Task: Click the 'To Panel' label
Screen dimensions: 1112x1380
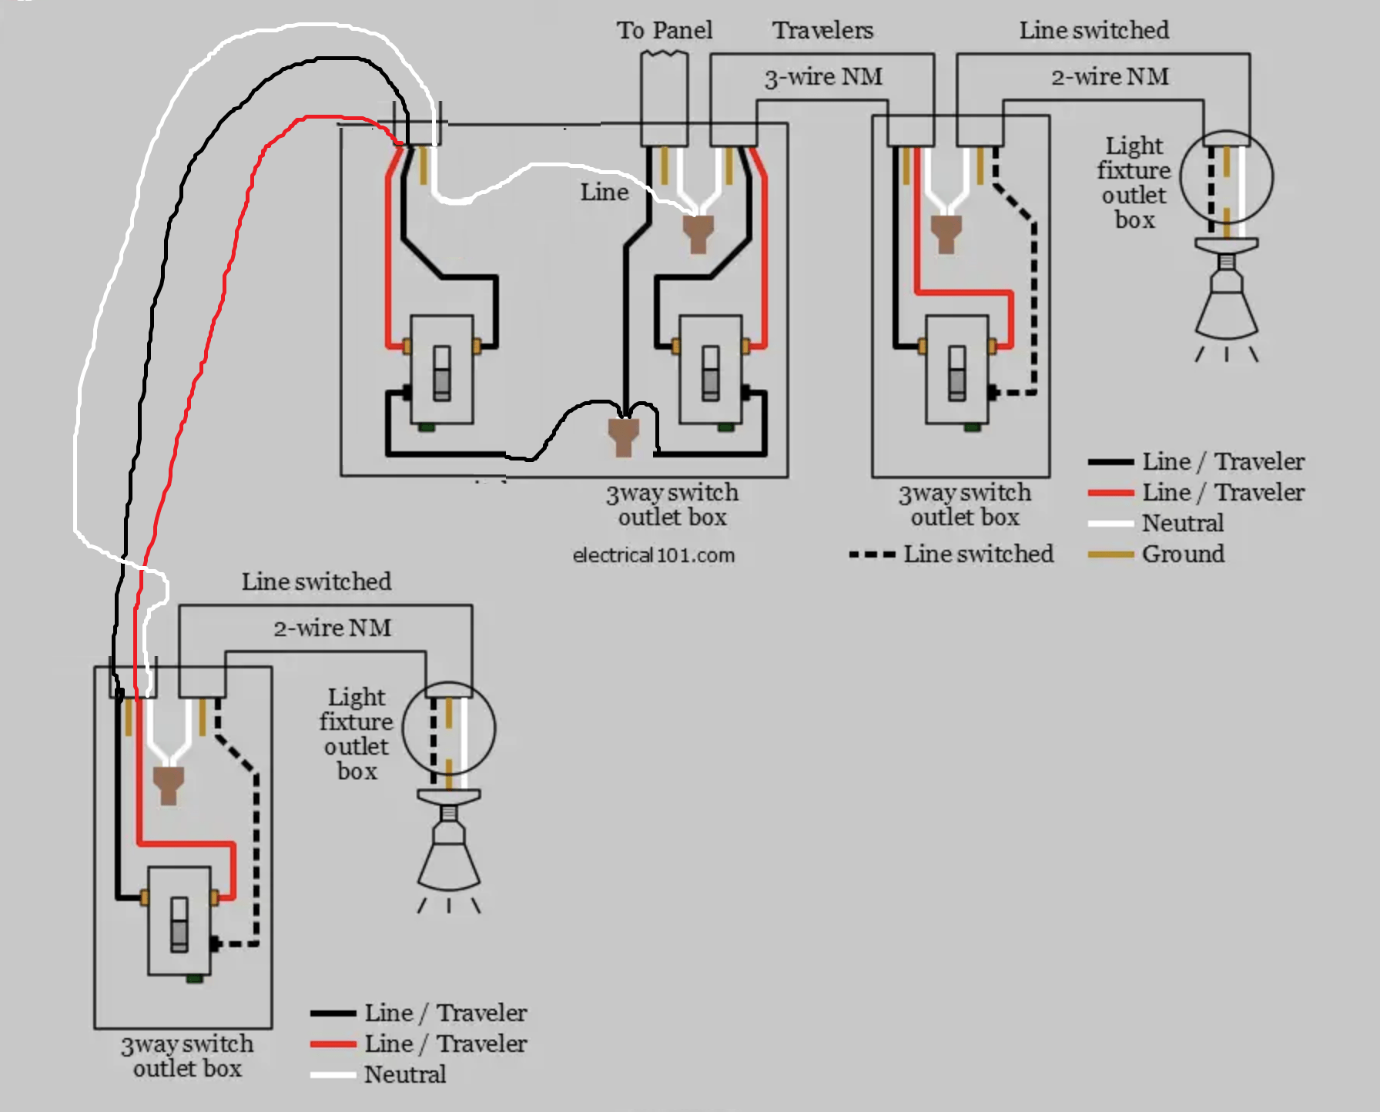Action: [x=664, y=30]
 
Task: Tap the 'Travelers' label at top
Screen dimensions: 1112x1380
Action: [x=822, y=30]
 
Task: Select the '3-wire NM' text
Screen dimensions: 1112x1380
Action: [x=822, y=77]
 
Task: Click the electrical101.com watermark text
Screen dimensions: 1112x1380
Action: [x=653, y=555]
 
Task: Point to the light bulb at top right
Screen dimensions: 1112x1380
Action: [x=1226, y=300]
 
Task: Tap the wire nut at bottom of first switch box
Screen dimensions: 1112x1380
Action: [x=623, y=436]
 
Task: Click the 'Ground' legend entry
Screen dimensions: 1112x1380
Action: [x=1182, y=554]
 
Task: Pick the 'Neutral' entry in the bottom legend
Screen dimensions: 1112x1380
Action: [x=404, y=1074]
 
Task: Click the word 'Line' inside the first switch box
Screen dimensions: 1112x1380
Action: [x=605, y=192]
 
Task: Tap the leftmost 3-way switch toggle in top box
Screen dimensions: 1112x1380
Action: [x=441, y=373]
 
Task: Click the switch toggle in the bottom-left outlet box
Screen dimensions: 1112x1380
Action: [x=179, y=923]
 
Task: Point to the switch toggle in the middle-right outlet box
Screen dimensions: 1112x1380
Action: [x=956, y=373]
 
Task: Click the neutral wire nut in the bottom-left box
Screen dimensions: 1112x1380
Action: [x=168, y=784]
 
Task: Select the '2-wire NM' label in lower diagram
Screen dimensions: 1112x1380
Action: [x=333, y=628]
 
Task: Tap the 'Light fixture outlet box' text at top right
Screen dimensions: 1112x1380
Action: [x=1134, y=183]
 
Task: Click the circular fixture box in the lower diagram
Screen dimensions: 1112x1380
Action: [x=449, y=727]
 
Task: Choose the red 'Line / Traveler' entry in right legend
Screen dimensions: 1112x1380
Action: [x=1222, y=492]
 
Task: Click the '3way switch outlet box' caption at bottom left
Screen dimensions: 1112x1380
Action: [x=186, y=1056]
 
